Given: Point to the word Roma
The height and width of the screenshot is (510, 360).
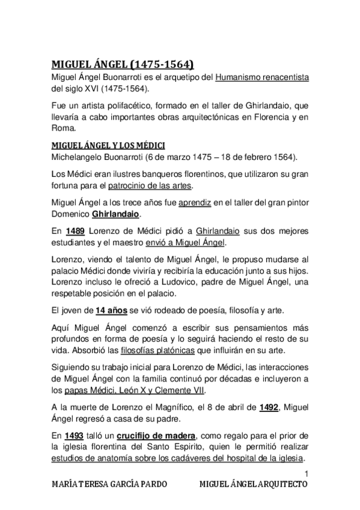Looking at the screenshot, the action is coord(63,127).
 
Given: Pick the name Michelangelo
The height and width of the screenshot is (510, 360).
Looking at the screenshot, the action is coord(80,158).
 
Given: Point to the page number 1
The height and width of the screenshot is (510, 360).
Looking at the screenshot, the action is coord(306,473).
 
